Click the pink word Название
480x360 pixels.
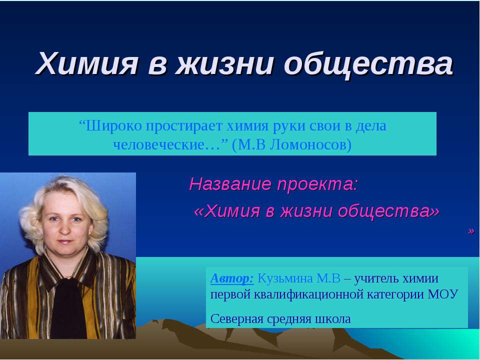227,184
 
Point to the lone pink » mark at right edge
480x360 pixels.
470,230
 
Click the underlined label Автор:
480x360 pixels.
232,278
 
